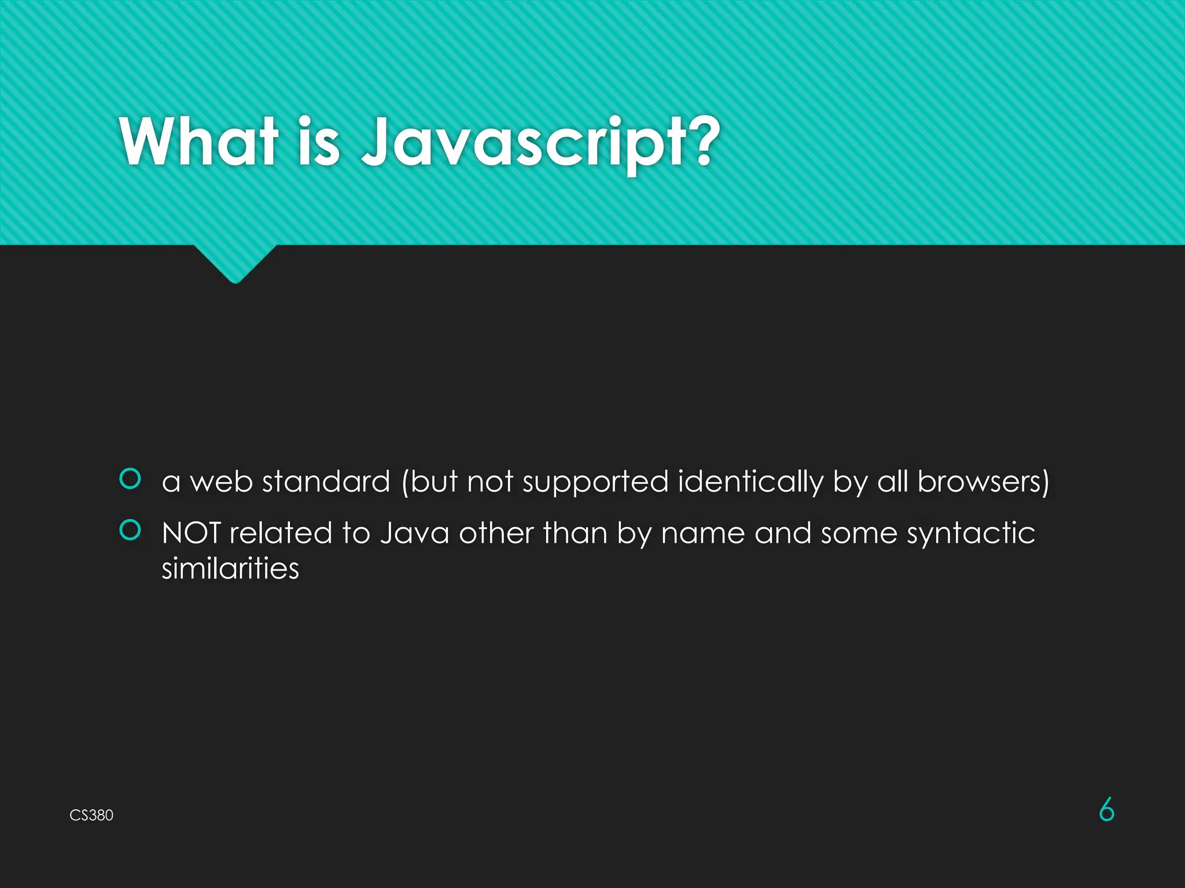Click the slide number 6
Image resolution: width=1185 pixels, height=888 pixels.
coord(1106,810)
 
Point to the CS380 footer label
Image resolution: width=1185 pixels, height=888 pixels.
coord(91,815)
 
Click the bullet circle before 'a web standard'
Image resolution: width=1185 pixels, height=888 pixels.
coord(130,479)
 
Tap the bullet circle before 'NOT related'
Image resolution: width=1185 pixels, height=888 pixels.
coord(130,530)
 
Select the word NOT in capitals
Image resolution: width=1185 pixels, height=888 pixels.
coord(191,532)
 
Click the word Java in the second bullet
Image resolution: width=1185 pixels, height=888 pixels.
coord(414,532)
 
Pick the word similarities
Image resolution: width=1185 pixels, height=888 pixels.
coord(230,568)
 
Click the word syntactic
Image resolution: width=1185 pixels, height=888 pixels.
coord(970,534)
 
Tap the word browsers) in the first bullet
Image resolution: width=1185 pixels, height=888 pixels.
coord(983,482)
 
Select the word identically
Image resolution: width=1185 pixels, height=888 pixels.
coord(750,482)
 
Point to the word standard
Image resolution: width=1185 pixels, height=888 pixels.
coord(326,482)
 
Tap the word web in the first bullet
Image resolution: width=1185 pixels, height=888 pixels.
coord(221,482)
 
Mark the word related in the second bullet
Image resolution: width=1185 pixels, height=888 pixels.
coord(281,532)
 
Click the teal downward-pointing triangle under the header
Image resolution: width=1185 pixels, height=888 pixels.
coord(235,263)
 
